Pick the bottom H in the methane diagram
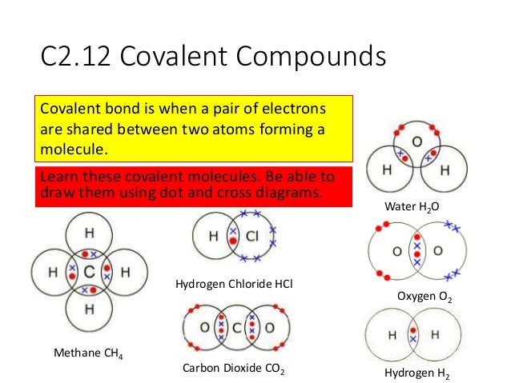89,309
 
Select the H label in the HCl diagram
214,236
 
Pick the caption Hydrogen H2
416,373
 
